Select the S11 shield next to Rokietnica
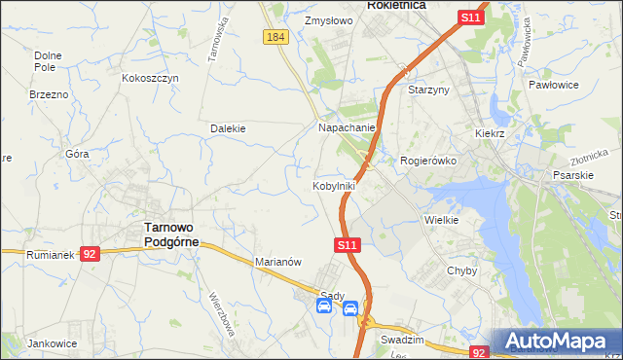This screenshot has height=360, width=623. pyautogui.click(x=471, y=18)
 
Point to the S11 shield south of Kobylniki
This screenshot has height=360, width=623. pyautogui.click(x=349, y=248)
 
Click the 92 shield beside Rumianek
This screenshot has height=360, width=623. pyautogui.click(x=90, y=254)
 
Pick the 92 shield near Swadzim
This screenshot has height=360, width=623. pyautogui.click(x=478, y=352)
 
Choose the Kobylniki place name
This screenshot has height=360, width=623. pyautogui.click(x=334, y=186)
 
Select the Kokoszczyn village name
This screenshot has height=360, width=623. pyautogui.click(x=150, y=78)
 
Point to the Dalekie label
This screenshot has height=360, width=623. pyautogui.click(x=228, y=128)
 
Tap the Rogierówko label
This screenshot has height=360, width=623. pyautogui.click(x=428, y=161)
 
